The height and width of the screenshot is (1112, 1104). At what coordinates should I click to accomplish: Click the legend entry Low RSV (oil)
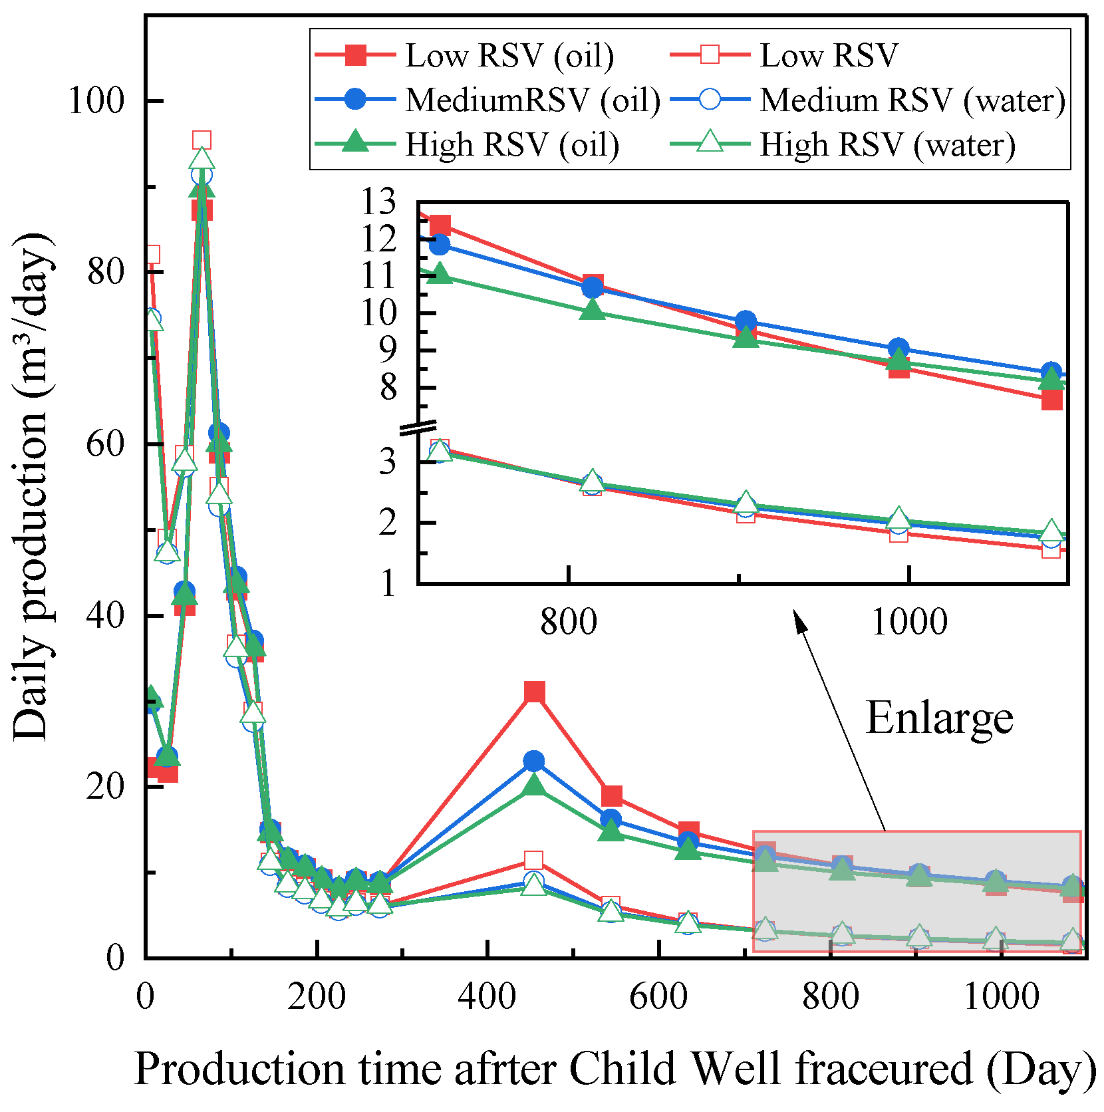[x=464, y=55]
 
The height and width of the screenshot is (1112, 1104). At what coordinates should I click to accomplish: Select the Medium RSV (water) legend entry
[x=869, y=100]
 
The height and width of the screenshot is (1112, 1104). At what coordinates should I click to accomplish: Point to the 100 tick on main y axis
[x=97, y=101]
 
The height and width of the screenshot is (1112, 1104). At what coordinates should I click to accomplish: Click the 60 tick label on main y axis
[x=106, y=444]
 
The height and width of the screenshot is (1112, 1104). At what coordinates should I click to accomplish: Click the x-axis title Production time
[x=615, y=1069]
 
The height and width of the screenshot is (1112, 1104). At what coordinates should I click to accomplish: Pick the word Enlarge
[x=940, y=719]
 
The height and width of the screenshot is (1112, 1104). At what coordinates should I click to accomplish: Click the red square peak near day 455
[x=534, y=692]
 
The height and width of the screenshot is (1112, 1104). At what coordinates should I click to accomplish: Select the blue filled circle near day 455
[x=533, y=761]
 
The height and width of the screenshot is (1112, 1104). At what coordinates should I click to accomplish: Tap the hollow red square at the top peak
[x=202, y=140]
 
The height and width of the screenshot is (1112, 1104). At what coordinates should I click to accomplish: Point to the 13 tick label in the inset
[x=378, y=202]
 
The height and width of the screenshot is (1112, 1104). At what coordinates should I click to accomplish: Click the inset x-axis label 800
[x=569, y=623]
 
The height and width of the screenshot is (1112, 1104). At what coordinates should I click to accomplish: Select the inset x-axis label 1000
[x=908, y=623]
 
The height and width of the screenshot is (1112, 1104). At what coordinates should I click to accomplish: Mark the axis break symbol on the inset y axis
[x=418, y=428]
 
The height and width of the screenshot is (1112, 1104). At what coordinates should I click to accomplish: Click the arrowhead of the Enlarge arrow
[x=800, y=623]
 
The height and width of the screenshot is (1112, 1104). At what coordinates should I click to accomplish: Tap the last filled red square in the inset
[x=1051, y=399]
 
